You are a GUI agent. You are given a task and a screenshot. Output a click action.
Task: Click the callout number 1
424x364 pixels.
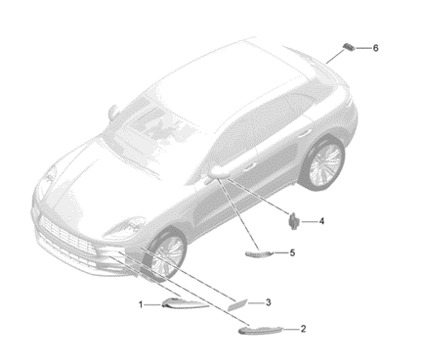(141, 305)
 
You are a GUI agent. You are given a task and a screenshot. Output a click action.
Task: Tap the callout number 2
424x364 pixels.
(303, 329)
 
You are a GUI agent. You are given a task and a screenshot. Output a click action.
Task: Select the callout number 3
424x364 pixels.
(268, 302)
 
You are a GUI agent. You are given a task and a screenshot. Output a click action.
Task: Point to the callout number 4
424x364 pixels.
(321, 221)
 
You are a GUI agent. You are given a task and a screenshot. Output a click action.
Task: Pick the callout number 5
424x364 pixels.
(292, 252)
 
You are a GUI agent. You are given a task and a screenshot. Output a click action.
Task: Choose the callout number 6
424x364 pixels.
(375, 48)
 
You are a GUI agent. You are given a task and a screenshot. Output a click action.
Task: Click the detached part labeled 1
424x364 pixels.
(184, 303)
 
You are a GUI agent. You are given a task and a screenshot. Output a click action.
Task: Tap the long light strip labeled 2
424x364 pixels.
(261, 330)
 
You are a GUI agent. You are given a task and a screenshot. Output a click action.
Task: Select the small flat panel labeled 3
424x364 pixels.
(238, 304)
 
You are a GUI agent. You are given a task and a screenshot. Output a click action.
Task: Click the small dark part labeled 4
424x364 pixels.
(294, 221)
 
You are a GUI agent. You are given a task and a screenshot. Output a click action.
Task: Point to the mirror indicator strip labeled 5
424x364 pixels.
(259, 253)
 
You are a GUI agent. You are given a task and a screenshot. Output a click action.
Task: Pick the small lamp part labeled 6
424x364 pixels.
(348, 46)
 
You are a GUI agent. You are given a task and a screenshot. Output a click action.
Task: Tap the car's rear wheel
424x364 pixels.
(323, 163)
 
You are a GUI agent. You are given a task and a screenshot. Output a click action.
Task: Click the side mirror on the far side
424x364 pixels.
(113, 112)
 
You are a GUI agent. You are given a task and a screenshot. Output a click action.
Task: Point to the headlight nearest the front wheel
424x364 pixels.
(125, 227)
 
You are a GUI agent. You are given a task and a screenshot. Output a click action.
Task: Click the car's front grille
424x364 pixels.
(66, 236)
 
